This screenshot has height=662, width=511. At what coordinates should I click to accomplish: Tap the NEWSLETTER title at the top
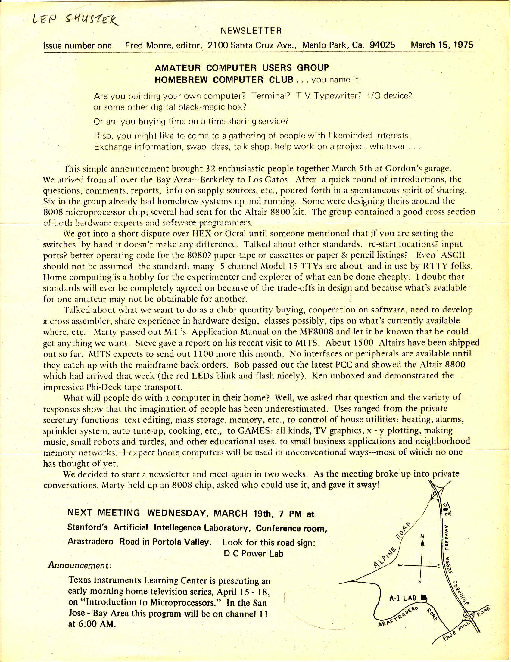(251, 31)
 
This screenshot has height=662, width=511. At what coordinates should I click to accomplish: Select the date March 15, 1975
(442, 45)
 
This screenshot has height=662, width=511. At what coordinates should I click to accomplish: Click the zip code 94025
(382, 45)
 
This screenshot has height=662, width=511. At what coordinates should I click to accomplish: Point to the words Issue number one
(78, 46)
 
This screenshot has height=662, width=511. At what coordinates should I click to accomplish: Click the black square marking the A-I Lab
(424, 598)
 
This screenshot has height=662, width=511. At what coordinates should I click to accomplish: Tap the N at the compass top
(422, 536)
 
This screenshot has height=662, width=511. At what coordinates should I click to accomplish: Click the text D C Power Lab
(253, 554)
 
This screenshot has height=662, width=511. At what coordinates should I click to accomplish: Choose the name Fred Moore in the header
(147, 45)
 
